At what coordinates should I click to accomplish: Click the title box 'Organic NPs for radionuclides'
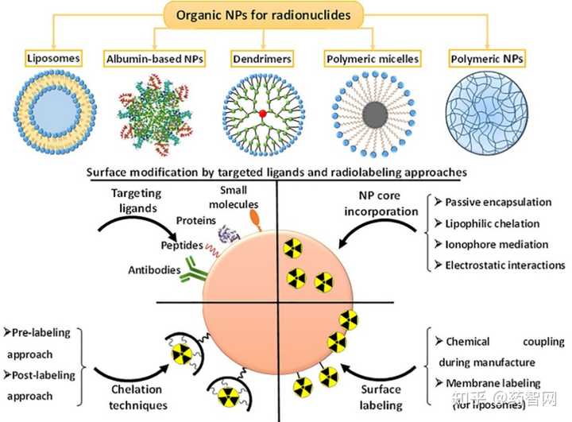click(264, 15)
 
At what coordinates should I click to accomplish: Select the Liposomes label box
click(54, 58)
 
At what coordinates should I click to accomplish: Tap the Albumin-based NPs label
click(155, 59)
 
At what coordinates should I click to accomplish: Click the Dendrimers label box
click(262, 59)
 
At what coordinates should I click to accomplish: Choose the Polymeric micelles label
click(373, 59)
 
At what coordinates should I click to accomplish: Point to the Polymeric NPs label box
click(487, 58)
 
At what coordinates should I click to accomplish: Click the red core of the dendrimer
click(263, 114)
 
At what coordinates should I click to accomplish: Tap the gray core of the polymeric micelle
click(375, 114)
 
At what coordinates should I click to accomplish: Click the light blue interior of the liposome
click(55, 112)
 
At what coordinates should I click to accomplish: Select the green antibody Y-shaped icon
click(193, 271)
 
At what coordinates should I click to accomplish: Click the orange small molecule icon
click(255, 219)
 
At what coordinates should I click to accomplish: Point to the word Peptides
click(182, 245)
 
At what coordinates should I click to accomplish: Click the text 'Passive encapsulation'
click(498, 202)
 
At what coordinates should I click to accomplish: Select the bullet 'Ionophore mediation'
click(497, 244)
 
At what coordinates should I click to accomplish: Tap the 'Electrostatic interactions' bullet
click(505, 265)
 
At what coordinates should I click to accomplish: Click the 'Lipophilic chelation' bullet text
click(492, 223)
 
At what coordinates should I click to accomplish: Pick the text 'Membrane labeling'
click(493, 383)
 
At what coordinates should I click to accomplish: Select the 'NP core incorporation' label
click(381, 203)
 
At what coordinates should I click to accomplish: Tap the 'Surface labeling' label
click(381, 397)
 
